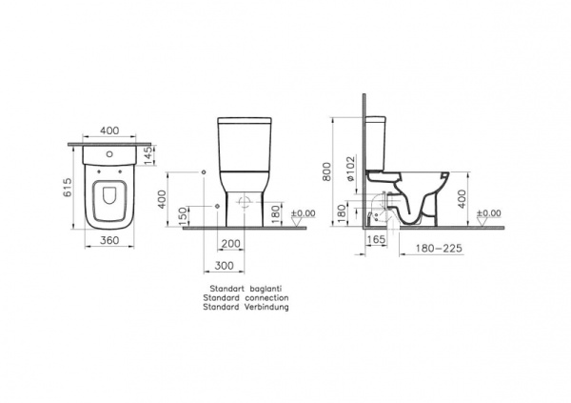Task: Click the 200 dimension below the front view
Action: [229, 244]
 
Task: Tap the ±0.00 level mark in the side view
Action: [489, 213]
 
